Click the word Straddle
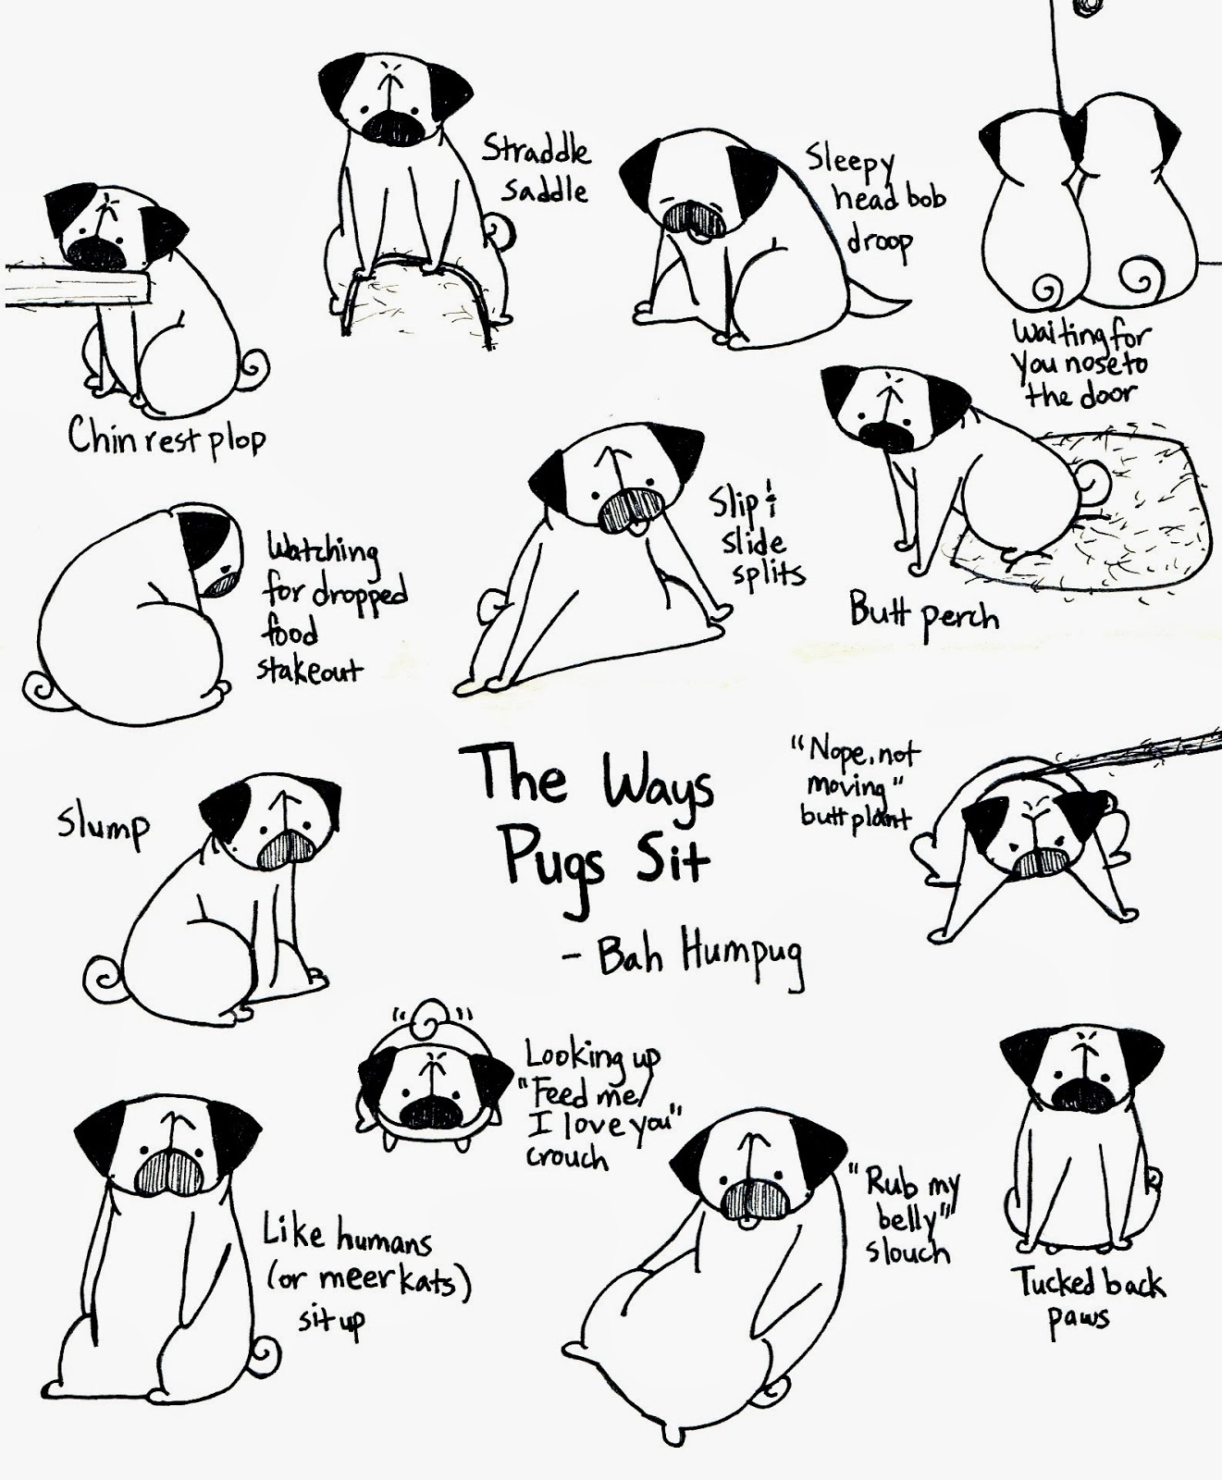click(x=536, y=150)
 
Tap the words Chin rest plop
click(x=167, y=437)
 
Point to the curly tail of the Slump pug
click(x=101, y=978)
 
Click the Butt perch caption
click(x=924, y=613)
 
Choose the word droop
click(x=879, y=242)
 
